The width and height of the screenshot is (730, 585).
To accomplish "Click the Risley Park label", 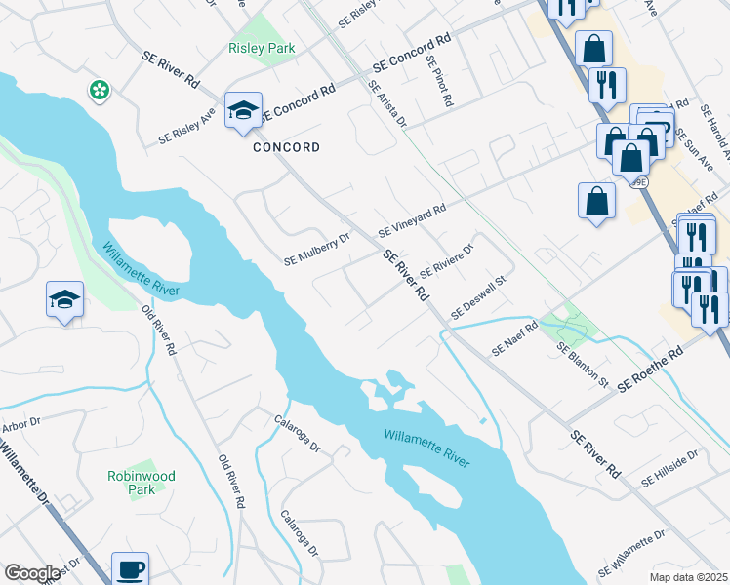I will (261, 48).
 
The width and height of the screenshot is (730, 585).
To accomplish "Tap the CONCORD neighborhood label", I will (286, 148).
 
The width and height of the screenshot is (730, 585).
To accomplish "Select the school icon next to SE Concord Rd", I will (243, 111).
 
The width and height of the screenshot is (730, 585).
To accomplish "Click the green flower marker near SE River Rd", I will (99, 91).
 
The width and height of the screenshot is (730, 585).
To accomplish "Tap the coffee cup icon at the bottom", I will (130, 568).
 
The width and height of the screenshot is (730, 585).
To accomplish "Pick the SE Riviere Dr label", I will (446, 259).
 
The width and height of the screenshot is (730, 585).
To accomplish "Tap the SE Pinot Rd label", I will (438, 81).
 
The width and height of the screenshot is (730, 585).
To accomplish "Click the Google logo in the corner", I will (32, 573).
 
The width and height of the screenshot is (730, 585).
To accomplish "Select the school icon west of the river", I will (64, 299).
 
